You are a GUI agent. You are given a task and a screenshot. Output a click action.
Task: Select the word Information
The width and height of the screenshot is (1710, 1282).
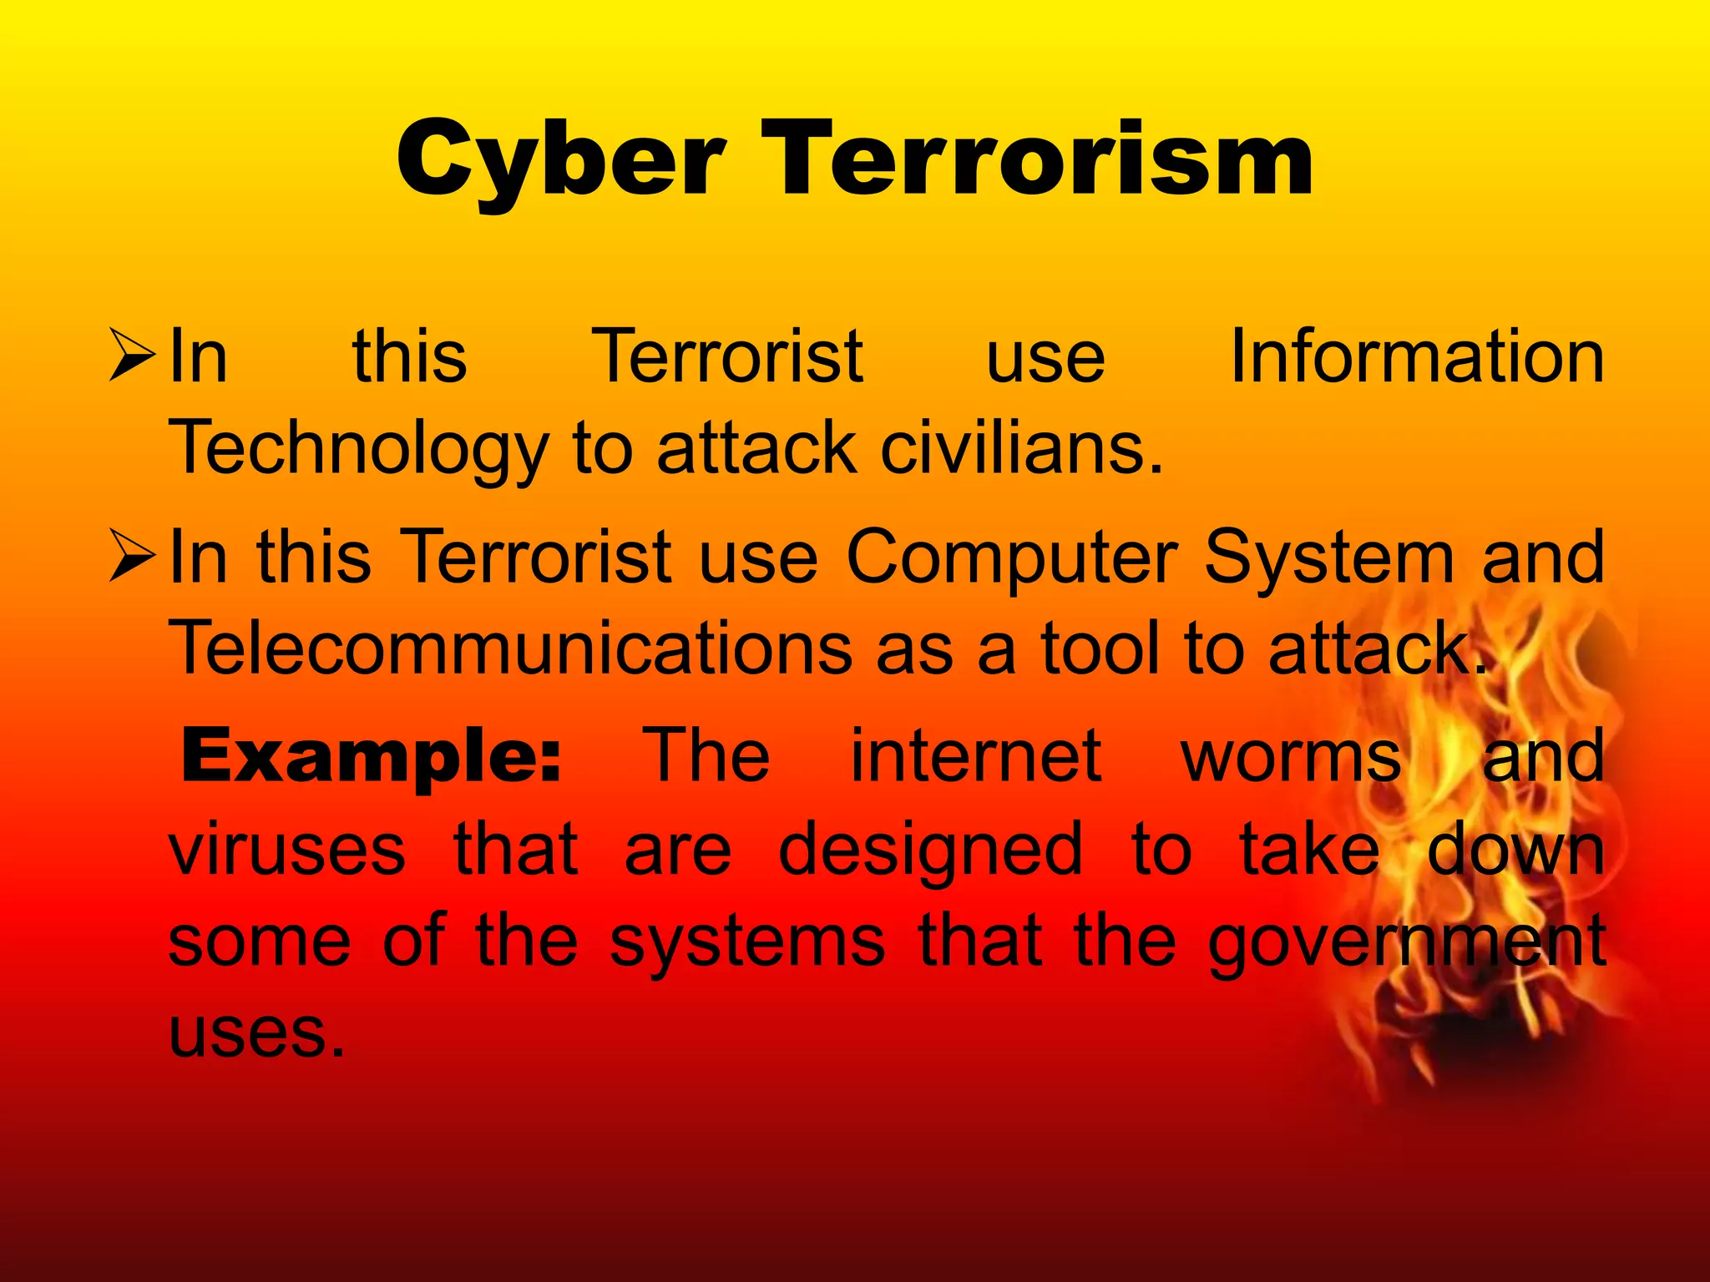click(1417, 356)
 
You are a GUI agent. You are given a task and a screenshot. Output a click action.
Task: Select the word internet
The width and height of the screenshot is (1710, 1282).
click(975, 755)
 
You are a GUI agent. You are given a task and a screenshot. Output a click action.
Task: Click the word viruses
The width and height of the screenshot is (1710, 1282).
click(287, 849)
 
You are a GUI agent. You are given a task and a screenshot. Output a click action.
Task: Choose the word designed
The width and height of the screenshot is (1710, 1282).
click(930, 849)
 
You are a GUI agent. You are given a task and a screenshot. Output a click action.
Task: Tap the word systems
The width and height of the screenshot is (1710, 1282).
click(747, 941)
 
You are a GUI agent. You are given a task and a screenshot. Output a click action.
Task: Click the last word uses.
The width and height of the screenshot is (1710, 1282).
click(256, 1033)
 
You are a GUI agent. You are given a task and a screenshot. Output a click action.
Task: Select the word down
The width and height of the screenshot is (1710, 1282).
click(1515, 849)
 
